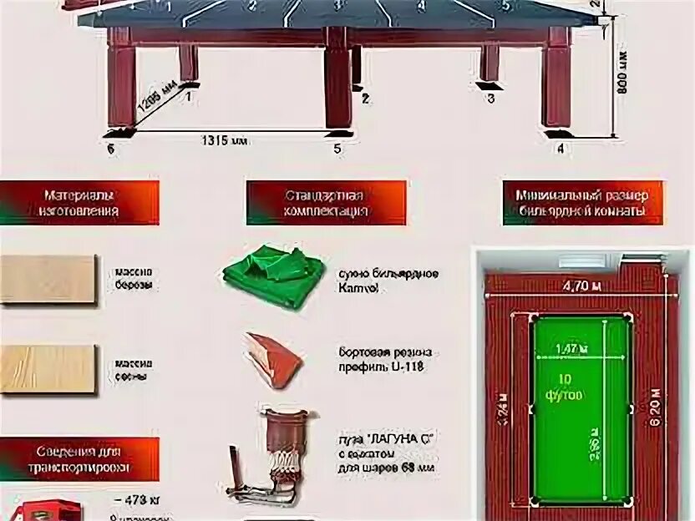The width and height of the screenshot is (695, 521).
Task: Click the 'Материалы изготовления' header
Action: [x=79, y=203]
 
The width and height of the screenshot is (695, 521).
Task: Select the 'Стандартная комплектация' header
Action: [x=326, y=203]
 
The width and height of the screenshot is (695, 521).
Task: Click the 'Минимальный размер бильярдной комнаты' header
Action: [x=582, y=203]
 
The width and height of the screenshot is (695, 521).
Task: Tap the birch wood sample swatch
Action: [x=48, y=279]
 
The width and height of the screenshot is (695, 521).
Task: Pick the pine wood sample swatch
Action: [x=48, y=368]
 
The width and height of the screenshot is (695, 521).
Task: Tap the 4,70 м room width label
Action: [x=581, y=284]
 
